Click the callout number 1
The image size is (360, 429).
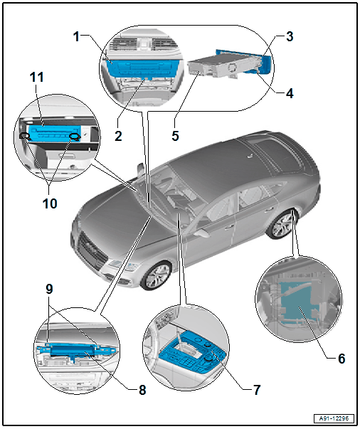(x=77, y=36)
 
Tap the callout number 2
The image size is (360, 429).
(x=118, y=136)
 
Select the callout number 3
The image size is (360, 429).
(x=290, y=36)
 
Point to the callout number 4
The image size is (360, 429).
(x=290, y=93)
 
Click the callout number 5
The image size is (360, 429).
(x=175, y=136)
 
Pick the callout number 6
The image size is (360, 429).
(x=342, y=359)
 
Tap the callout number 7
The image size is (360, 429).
(x=257, y=390)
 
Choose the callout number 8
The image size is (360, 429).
(x=142, y=390)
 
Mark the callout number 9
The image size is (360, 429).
(x=49, y=289)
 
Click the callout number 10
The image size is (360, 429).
(x=50, y=203)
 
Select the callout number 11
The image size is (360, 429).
(x=37, y=77)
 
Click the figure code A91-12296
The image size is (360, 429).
(x=334, y=418)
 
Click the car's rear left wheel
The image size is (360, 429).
(x=282, y=225)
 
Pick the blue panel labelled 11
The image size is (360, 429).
(x=55, y=133)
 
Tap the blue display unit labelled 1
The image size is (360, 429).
(x=141, y=68)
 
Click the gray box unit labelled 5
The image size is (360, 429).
(x=212, y=65)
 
